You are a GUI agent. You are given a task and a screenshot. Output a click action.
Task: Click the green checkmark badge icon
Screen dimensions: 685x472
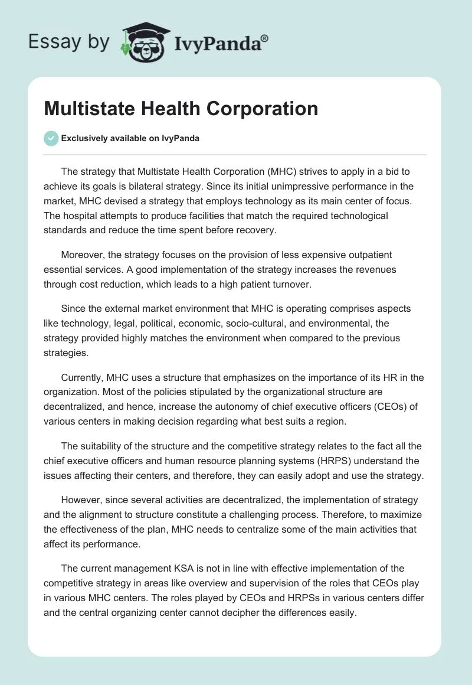[x=51, y=138]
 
